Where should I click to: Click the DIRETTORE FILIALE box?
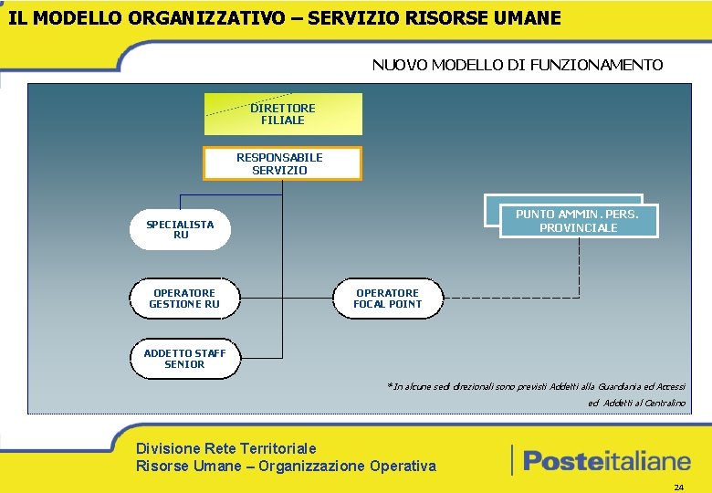(283, 114)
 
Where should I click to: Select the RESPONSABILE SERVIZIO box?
(281, 163)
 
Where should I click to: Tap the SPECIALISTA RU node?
(180, 229)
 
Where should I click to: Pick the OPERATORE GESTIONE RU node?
(184, 299)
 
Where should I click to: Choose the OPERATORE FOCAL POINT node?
(388, 299)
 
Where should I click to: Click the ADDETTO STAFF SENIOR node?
(184, 359)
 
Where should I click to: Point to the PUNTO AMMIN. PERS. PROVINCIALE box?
(578, 221)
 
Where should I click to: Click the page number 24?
(678, 488)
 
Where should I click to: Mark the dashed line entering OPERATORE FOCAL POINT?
(511, 298)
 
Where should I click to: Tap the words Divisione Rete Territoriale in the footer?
(226, 448)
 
